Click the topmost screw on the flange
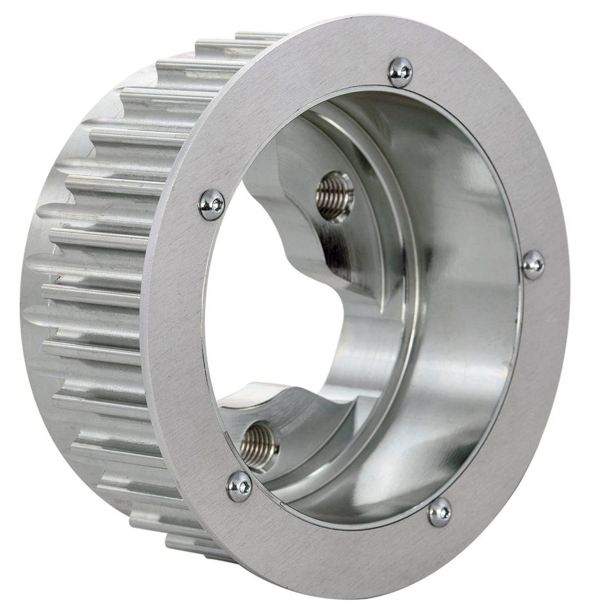coord(400,72)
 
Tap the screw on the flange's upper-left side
coord(212,205)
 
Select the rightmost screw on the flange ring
coord(533,264)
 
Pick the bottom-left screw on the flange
coord(239,486)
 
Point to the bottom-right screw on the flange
coord(440,511)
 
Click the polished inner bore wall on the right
coord(474,308)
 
